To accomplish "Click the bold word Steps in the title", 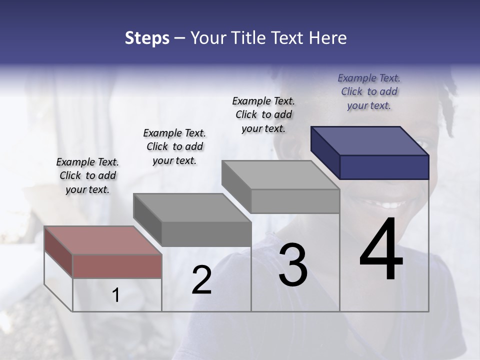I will [x=147, y=38].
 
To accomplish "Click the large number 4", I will [x=381, y=250].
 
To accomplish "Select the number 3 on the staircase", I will [x=292, y=265].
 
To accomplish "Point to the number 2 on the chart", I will [x=201, y=280].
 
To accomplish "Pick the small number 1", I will [x=115, y=295].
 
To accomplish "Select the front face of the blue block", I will [x=384, y=167].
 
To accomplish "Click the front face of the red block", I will [x=117, y=266].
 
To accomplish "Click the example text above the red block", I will [x=87, y=175].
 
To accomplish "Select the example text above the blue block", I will [x=369, y=91].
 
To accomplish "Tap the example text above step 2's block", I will [x=174, y=146].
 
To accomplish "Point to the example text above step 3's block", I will [x=263, y=114].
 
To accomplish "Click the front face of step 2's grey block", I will [x=206, y=234].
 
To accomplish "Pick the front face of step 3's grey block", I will [x=295, y=201].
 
